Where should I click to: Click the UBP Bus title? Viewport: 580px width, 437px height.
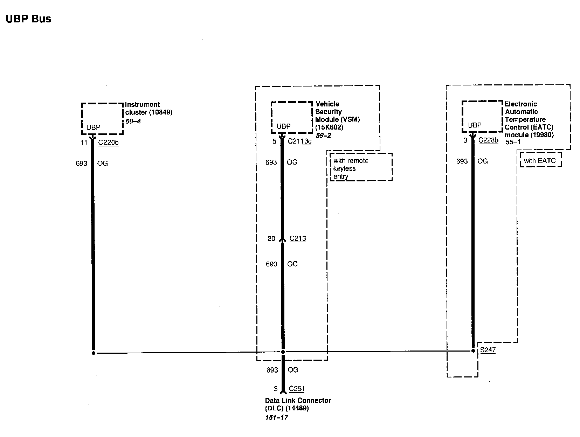tap(28, 19)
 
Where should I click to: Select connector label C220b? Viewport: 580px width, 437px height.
tap(108, 142)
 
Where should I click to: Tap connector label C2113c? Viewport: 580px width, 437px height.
tap(299, 141)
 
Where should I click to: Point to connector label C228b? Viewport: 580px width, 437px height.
tap(488, 140)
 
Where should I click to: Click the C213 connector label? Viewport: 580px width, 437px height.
tap(298, 238)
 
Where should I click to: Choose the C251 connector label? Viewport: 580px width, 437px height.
tap(297, 389)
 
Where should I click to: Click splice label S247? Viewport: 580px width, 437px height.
tap(488, 350)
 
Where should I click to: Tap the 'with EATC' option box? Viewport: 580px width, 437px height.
tap(540, 160)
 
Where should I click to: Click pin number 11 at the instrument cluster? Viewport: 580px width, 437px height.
tap(84, 143)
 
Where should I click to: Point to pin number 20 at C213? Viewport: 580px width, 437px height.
tap(271, 239)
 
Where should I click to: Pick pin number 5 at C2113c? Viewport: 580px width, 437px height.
tap(274, 141)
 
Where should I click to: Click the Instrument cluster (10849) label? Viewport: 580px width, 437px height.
tap(149, 109)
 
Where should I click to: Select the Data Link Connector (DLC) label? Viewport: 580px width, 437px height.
tap(298, 404)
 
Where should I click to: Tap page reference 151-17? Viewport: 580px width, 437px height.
tap(276, 417)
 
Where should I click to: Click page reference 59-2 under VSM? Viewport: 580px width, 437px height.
tap(323, 135)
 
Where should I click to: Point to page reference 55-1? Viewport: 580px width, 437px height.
tap(513, 143)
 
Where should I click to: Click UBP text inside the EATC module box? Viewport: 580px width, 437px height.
tap(475, 125)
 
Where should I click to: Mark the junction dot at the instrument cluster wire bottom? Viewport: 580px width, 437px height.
tap(94, 353)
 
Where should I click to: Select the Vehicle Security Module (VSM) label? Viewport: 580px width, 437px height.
tap(337, 116)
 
